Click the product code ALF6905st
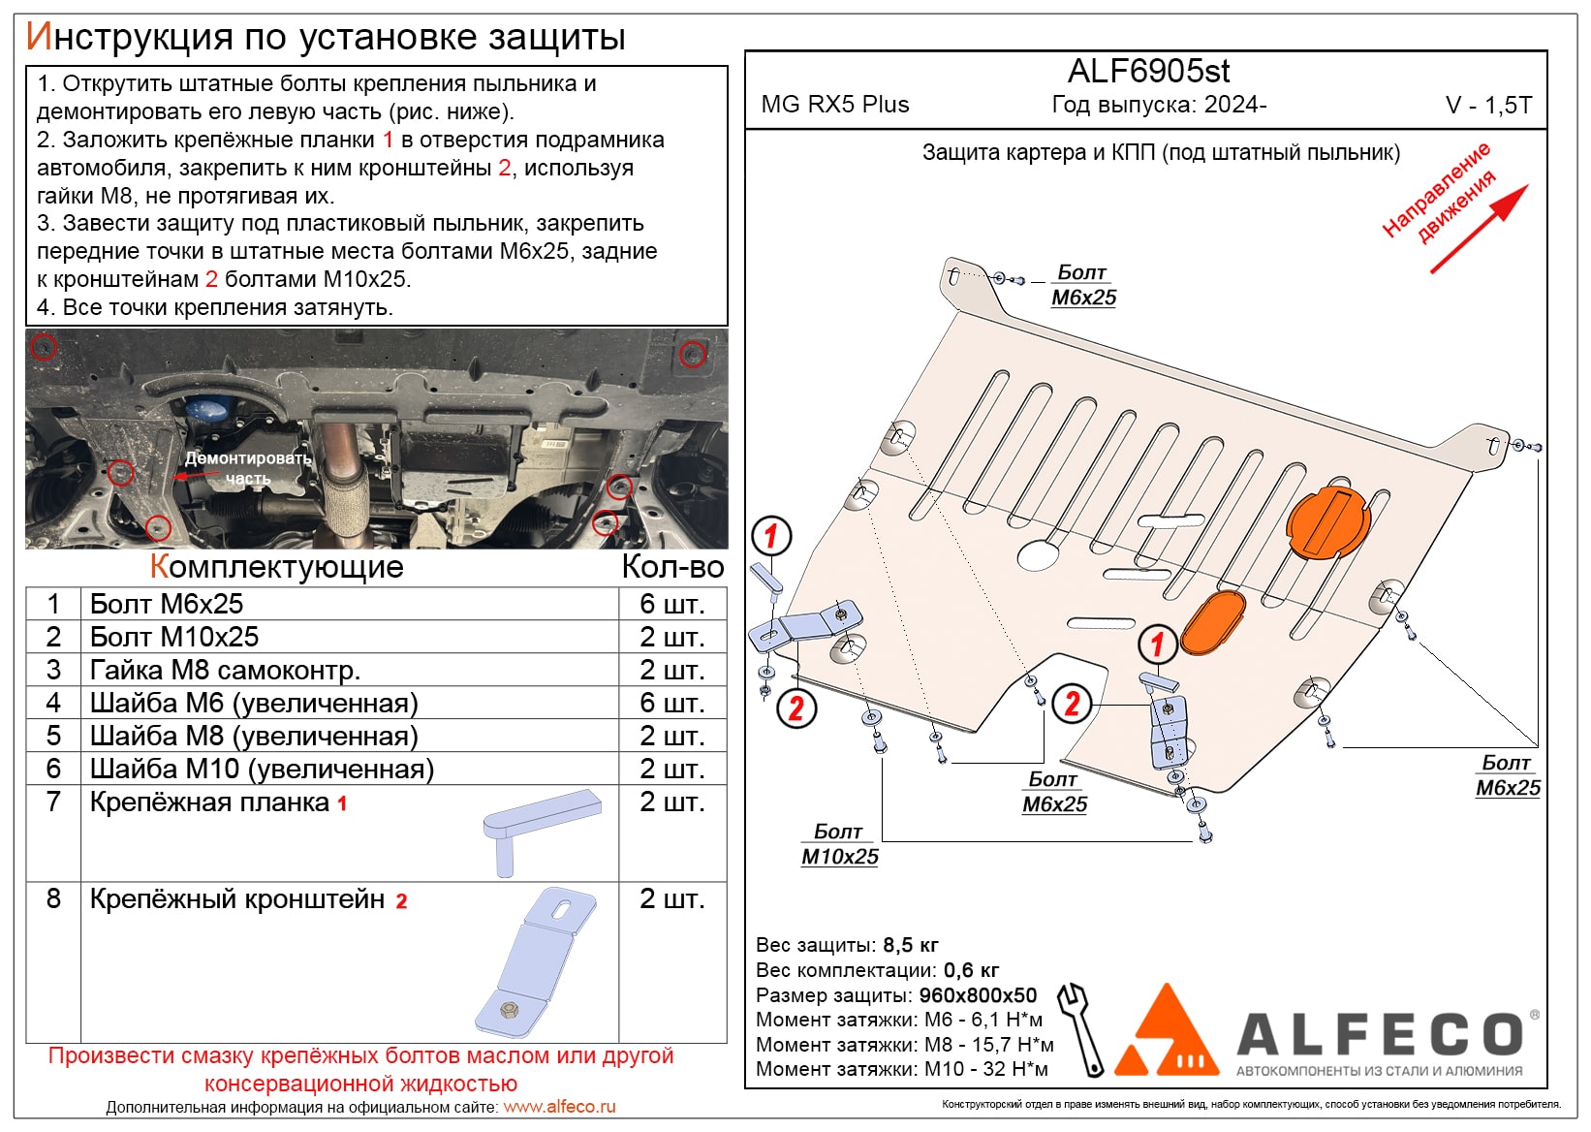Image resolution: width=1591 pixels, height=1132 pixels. (x=1148, y=72)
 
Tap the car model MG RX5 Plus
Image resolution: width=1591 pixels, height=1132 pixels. (x=835, y=105)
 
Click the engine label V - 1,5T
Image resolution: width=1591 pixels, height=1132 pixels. (x=1488, y=106)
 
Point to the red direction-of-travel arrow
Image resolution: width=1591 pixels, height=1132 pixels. (x=1479, y=229)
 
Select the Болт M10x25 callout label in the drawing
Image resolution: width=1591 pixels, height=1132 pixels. (x=839, y=845)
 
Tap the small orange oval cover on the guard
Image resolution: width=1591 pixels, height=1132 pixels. (x=1212, y=622)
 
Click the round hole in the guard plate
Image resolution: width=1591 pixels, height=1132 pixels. (x=1038, y=554)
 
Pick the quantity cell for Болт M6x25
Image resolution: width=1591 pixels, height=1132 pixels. (x=671, y=605)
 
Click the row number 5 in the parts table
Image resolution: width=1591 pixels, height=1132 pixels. (x=53, y=736)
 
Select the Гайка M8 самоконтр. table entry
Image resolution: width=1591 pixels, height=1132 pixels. (x=225, y=671)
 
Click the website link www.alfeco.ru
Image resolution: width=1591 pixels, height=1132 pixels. (x=559, y=1107)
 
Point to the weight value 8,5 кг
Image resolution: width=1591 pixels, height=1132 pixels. (x=911, y=945)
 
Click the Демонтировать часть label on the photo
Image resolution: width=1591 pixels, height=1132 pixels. (x=248, y=468)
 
